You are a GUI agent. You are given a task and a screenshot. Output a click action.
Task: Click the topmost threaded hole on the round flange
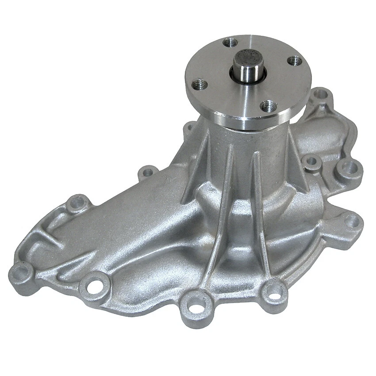(x=230, y=43)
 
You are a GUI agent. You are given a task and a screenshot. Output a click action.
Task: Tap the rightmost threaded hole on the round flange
(x=294, y=61)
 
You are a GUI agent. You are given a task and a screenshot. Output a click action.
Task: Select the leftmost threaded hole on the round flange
(x=200, y=84)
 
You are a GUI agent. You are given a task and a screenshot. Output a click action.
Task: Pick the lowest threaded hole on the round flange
(x=267, y=106)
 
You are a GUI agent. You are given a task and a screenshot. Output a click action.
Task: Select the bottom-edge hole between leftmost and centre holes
(x=94, y=285)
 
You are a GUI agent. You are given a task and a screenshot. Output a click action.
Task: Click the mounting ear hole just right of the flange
(x=322, y=94)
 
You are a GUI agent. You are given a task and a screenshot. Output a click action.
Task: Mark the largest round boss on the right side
(x=349, y=168)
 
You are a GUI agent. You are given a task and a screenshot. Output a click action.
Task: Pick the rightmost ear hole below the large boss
(x=352, y=221)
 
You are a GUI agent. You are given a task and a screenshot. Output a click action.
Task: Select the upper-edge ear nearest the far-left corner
(x=78, y=202)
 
